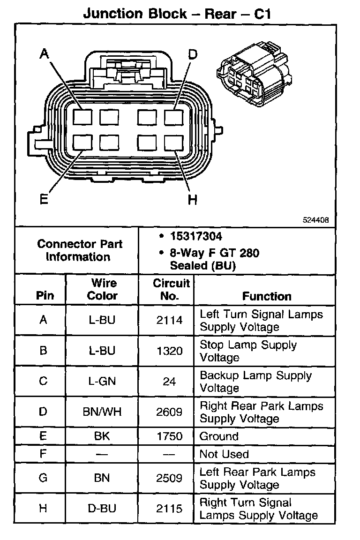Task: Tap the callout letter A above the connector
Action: (44, 54)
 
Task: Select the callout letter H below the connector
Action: (192, 200)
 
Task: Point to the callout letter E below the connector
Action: (44, 200)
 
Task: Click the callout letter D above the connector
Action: (193, 54)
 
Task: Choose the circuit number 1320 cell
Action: (170, 351)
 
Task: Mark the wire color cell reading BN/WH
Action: (102, 412)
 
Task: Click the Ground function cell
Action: (219, 436)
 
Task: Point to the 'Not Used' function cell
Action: (224, 454)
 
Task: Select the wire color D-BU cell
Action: (102, 508)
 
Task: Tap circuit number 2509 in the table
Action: (170, 478)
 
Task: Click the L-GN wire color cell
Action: (102, 382)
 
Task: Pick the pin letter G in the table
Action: (43, 478)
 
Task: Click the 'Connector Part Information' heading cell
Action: (80, 250)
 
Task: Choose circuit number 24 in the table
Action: (170, 382)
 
